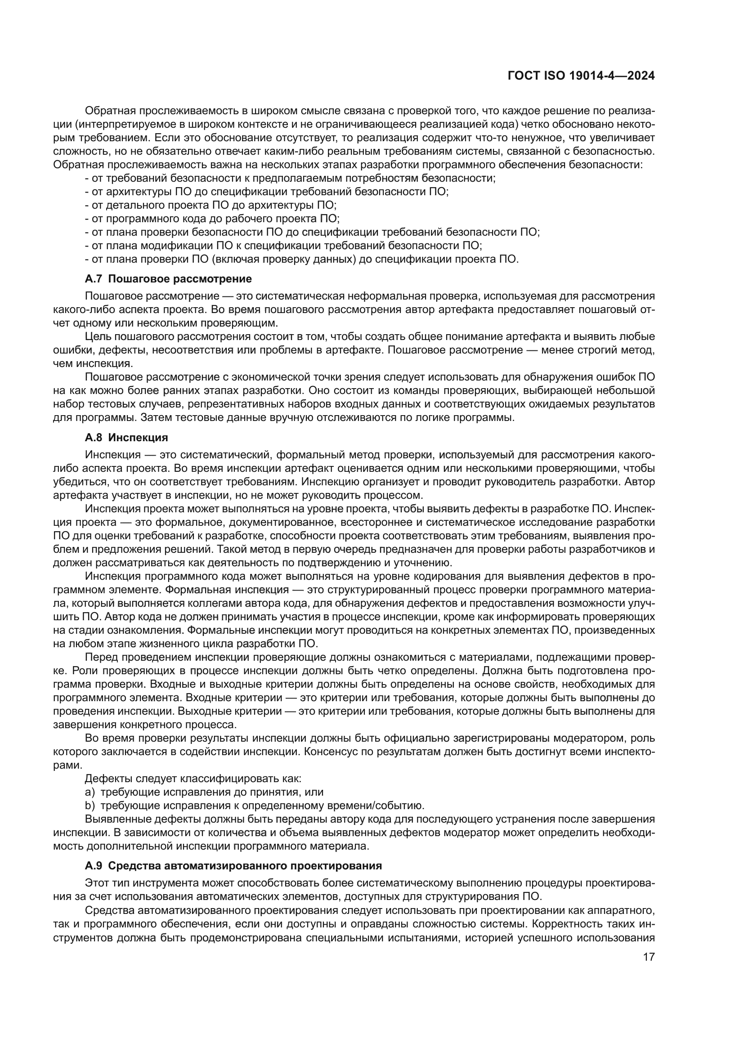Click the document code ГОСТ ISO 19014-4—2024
click(581, 76)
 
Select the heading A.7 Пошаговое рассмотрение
click(168, 278)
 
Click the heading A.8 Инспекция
click(126, 438)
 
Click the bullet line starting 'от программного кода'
click(212, 219)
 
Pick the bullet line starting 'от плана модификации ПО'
click(283, 246)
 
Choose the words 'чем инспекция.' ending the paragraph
click(93, 364)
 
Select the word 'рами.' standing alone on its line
click(67, 765)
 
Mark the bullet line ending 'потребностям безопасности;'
click(290, 178)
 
